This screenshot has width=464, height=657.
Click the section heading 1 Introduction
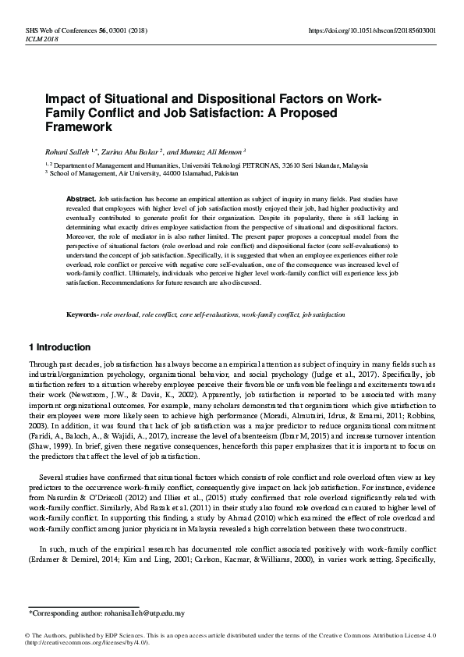click(59, 347)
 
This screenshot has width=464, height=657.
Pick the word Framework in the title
click(79, 126)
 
